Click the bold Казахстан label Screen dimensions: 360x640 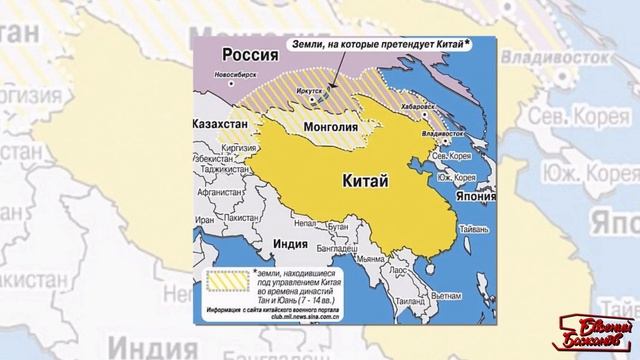coord(221,125)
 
